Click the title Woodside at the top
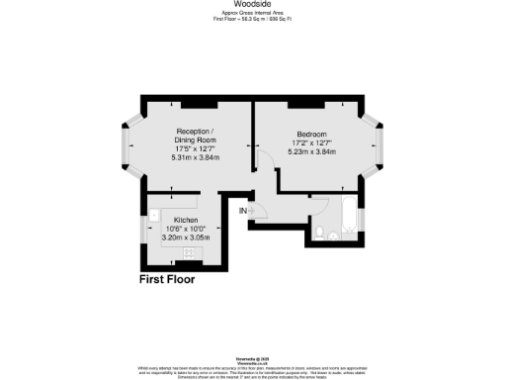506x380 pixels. [x=253, y=4]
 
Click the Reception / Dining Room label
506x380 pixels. [x=197, y=135]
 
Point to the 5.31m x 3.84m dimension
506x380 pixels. [x=197, y=158]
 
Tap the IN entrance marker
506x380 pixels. [x=242, y=210]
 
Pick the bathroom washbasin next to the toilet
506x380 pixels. [x=339, y=237]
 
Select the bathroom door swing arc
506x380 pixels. [x=318, y=202]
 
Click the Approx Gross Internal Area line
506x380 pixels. [x=253, y=14]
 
